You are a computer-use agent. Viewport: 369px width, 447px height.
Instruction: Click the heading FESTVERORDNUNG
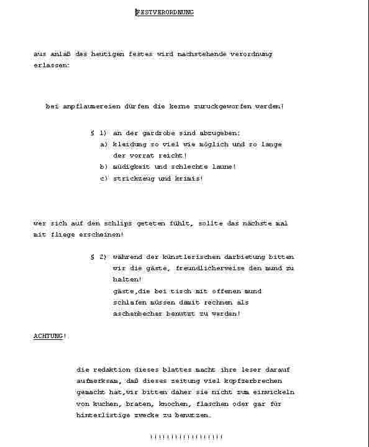pos(165,12)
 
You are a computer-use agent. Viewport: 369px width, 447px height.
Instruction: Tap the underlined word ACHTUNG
pos(48,336)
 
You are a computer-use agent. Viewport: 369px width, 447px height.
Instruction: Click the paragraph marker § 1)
pos(98,133)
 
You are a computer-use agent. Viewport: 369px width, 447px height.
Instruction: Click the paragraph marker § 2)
pos(98,257)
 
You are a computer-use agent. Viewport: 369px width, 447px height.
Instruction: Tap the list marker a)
pos(104,144)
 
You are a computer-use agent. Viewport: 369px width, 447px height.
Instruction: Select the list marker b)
pos(104,167)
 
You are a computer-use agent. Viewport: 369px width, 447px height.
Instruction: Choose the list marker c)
pos(104,179)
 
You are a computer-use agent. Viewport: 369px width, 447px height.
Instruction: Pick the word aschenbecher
pos(139,314)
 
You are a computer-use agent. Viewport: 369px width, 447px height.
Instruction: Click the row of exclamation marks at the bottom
pos(186,437)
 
